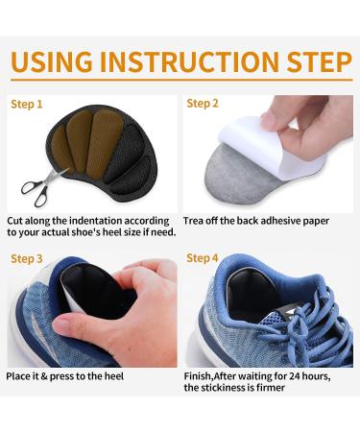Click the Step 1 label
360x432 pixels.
tap(27, 104)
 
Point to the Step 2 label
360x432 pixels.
tap(203, 103)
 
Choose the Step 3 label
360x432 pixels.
tap(27, 258)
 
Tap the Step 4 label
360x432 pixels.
tap(203, 258)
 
